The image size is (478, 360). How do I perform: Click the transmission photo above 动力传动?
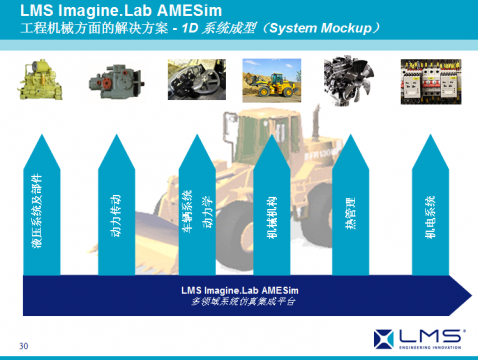[x=117, y=80]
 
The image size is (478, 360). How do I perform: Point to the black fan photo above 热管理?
[x=347, y=80]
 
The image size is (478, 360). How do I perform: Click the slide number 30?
[x=23, y=346]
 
